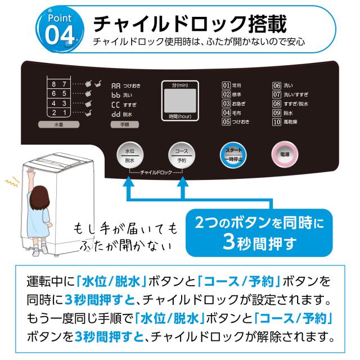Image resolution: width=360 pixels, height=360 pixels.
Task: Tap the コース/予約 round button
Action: tap(182, 156)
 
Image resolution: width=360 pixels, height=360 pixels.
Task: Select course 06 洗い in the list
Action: tap(283, 85)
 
